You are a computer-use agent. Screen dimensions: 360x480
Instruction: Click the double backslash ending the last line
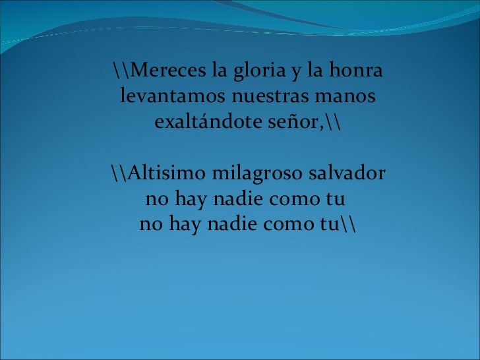pyautogui.click(x=348, y=225)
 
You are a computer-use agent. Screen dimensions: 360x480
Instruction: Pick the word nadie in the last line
pyautogui.click(x=233, y=225)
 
